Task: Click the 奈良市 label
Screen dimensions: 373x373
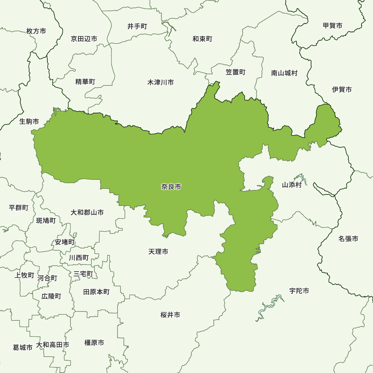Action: point(171,187)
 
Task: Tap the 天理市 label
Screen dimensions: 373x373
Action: point(158,252)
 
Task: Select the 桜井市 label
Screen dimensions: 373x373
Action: point(170,315)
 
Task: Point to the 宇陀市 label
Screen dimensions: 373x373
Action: point(299,291)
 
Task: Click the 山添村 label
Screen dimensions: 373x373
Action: point(291,185)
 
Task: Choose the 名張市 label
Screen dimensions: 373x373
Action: point(348,238)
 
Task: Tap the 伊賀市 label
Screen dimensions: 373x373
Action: point(342,90)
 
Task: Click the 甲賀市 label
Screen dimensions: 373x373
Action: point(333,26)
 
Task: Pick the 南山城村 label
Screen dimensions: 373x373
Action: point(285,73)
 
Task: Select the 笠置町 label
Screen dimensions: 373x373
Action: point(236,72)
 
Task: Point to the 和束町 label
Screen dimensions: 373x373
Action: point(203,39)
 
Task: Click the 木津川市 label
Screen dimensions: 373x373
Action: point(160,82)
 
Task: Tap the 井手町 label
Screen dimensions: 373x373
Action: point(137,26)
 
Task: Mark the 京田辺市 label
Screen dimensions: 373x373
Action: point(84,39)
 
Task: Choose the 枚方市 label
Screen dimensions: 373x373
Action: point(37,31)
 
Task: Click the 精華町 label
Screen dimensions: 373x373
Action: point(85,82)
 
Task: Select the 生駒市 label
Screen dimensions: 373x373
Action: point(29,122)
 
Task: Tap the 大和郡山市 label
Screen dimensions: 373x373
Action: point(87,212)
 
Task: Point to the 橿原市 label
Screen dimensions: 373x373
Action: point(94,342)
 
